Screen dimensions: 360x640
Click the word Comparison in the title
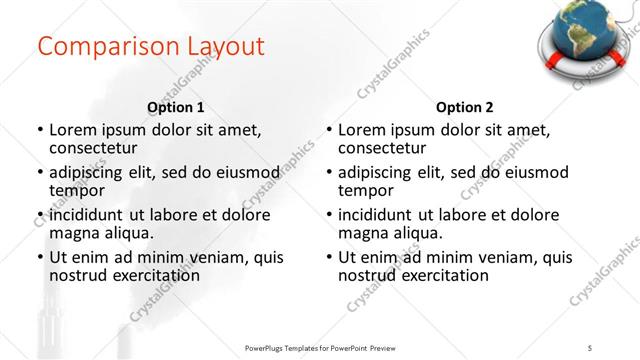point(97,47)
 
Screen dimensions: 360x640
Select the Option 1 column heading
point(176,107)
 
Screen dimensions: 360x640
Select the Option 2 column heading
point(465,107)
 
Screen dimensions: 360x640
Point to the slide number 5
point(591,346)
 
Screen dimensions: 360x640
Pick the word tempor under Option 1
point(77,190)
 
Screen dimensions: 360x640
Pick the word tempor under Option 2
point(366,190)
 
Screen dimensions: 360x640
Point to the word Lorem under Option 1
point(74,129)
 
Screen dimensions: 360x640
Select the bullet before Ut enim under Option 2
point(329,257)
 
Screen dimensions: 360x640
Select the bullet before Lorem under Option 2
point(329,130)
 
